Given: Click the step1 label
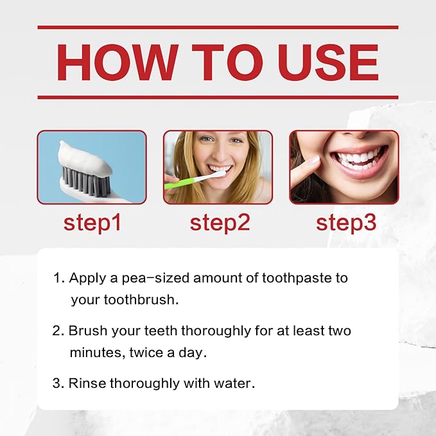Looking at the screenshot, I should [x=92, y=222].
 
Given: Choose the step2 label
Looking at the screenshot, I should [x=219, y=222].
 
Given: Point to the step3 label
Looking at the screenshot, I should [x=345, y=222].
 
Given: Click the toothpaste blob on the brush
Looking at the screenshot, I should [x=90, y=154].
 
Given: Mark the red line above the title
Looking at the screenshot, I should [x=218, y=28].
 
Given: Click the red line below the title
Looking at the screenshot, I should [x=218, y=97].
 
